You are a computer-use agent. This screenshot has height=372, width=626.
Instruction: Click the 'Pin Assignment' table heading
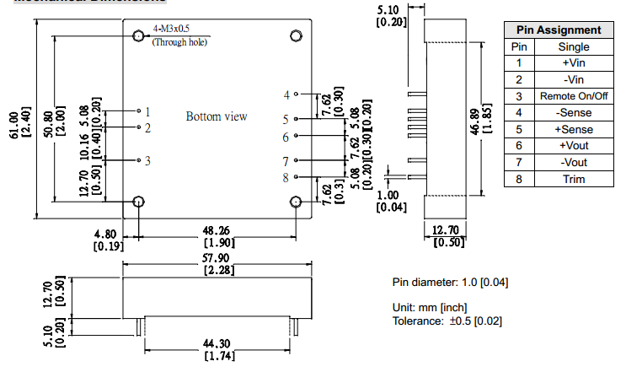pos(563,30)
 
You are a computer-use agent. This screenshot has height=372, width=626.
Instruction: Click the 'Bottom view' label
pos(217,116)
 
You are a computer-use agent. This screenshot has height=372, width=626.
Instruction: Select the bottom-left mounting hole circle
pos(139,202)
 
